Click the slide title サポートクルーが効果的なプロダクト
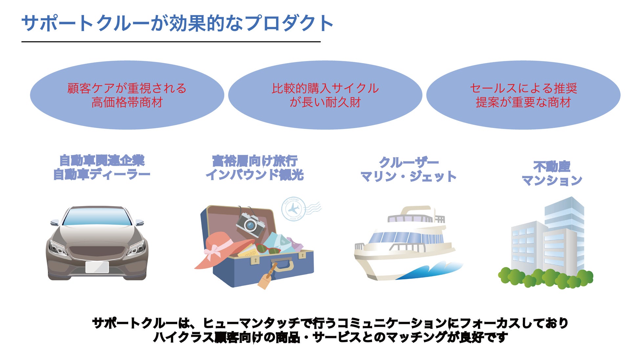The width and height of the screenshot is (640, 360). point(177,24)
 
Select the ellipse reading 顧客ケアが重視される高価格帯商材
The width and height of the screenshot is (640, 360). point(127,95)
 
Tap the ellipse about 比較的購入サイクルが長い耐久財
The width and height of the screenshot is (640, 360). point(325,95)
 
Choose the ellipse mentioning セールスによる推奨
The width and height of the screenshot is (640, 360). point(523,95)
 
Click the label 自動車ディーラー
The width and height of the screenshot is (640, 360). point(102,174)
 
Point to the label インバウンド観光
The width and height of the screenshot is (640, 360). point(255,175)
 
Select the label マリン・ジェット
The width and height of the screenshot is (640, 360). point(409,177)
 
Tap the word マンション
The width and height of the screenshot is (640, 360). point(552,180)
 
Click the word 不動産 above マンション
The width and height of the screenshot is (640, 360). point(552,166)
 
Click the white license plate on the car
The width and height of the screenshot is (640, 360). point(97,267)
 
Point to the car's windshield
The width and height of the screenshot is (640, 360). point(97,217)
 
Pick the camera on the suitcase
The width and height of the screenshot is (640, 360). point(250,224)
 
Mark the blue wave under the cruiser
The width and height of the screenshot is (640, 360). point(427,271)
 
